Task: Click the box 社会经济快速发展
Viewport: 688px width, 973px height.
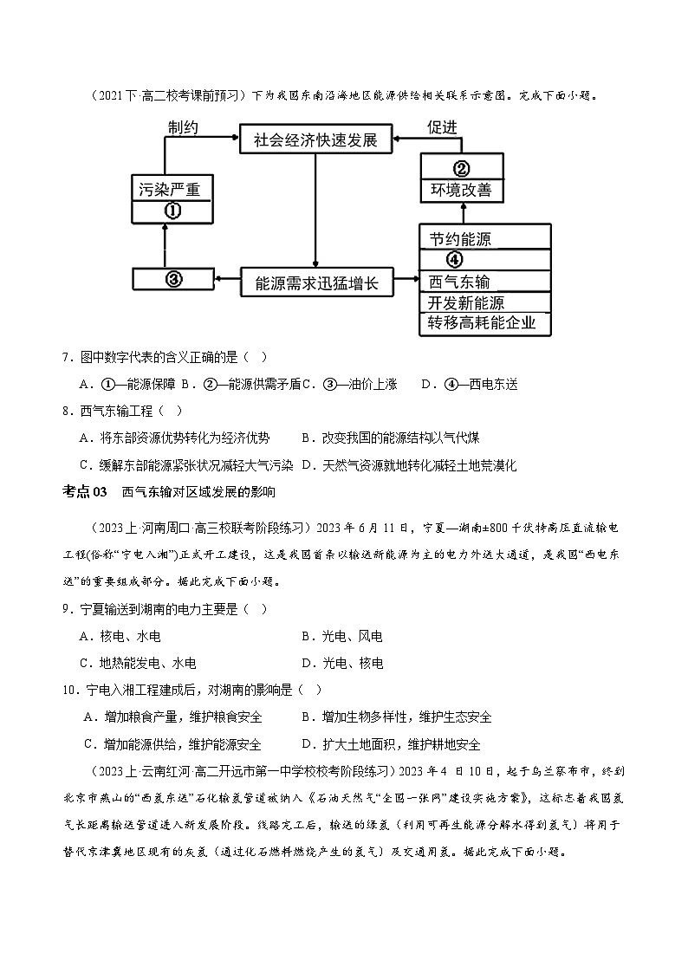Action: click(x=315, y=139)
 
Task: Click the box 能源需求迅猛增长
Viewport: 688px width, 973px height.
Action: click(x=316, y=282)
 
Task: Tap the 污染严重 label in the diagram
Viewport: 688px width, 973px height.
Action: click(x=169, y=188)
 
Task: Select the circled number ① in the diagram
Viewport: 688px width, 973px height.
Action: click(x=172, y=211)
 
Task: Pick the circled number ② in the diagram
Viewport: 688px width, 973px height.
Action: click(x=461, y=168)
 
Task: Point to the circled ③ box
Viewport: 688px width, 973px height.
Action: click(x=172, y=279)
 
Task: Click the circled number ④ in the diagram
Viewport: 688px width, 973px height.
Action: click(x=455, y=259)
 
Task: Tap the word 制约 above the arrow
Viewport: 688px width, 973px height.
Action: click(x=183, y=126)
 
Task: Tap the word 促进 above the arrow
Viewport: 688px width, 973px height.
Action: click(x=442, y=126)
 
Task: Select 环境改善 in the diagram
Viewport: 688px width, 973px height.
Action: click(x=461, y=190)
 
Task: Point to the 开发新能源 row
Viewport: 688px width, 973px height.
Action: click(x=466, y=302)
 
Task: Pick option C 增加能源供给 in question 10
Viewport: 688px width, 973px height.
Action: click(x=173, y=744)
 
